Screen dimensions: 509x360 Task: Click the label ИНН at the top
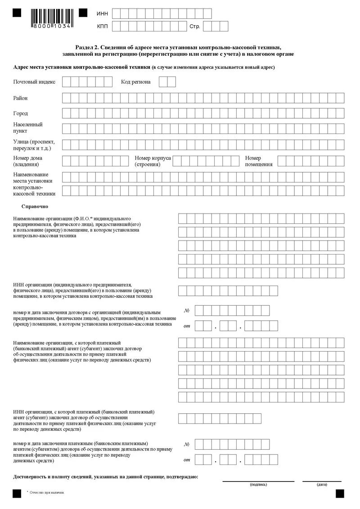click(x=102, y=13)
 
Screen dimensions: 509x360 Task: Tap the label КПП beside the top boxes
click(x=102, y=27)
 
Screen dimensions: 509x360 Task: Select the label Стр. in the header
click(x=194, y=27)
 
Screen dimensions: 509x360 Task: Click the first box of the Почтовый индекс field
click(x=66, y=82)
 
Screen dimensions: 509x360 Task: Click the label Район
click(x=21, y=98)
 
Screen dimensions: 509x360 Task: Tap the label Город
click(x=21, y=114)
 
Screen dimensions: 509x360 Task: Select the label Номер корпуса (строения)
click(x=153, y=161)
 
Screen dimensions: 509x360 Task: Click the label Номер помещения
click(x=259, y=161)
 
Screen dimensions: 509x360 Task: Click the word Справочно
click(x=35, y=206)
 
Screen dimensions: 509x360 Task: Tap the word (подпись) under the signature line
click(x=258, y=484)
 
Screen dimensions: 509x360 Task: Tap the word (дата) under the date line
click(x=322, y=484)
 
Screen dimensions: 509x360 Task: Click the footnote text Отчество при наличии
click(x=47, y=493)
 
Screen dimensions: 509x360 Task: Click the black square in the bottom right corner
click(x=340, y=494)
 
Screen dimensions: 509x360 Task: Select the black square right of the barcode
click(x=83, y=13)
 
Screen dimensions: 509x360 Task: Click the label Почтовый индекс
click(x=34, y=82)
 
